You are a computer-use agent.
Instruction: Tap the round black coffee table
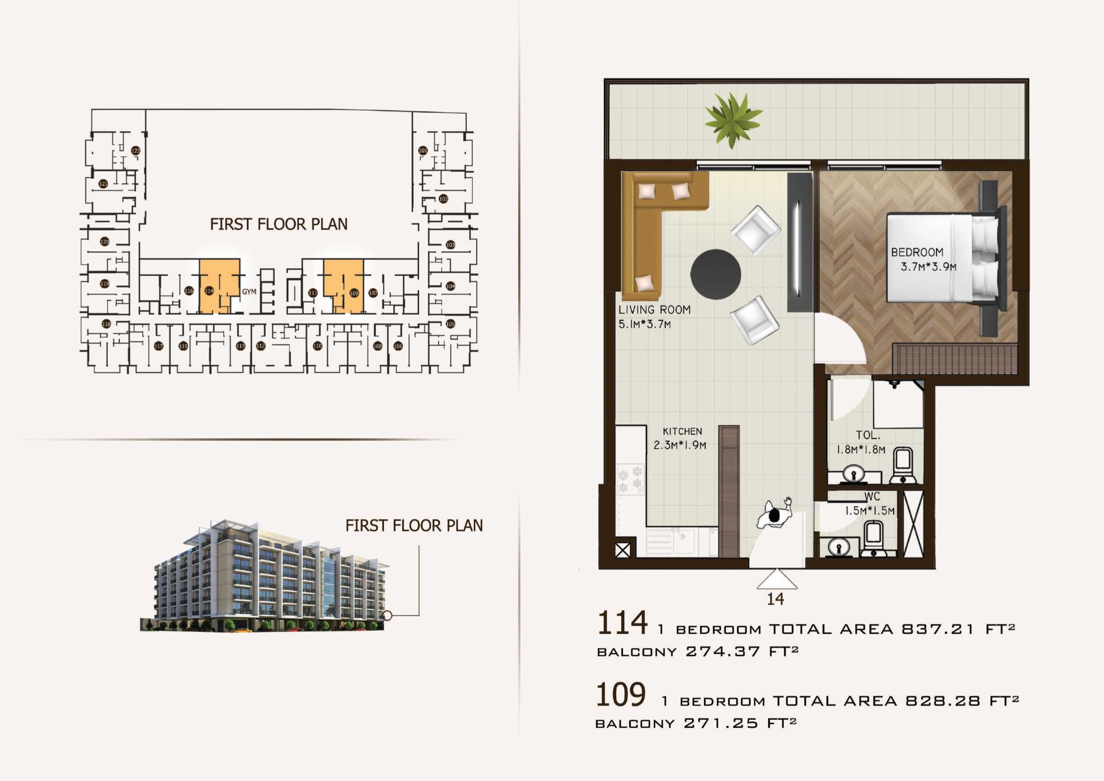coord(716,274)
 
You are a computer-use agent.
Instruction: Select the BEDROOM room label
coord(917,252)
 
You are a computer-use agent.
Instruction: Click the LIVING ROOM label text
coord(654,310)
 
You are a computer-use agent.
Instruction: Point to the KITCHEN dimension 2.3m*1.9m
coord(679,445)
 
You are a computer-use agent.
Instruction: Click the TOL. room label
coord(867,435)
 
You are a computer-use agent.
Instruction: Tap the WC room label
coord(872,496)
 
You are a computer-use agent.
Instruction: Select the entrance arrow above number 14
coord(776,579)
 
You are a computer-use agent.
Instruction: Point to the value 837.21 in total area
coord(937,629)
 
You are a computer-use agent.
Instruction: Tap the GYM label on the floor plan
coord(249,292)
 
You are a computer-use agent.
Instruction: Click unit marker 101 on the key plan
coord(423,151)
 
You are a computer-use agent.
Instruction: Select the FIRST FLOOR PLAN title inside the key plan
coord(279,224)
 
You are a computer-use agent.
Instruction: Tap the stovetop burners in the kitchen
coord(631,479)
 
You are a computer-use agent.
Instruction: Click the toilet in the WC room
coord(872,539)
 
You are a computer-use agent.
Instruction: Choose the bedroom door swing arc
coord(839,337)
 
